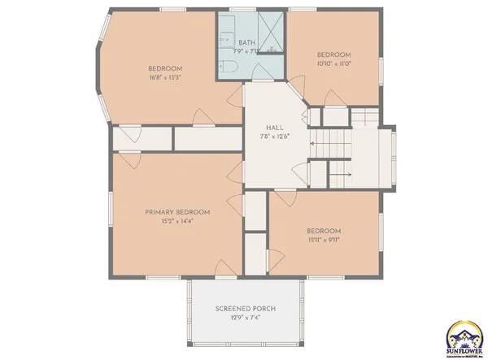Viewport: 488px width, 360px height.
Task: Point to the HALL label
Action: pyautogui.click(x=274, y=128)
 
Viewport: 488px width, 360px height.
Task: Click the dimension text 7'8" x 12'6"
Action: pyautogui.click(x=275, y=137)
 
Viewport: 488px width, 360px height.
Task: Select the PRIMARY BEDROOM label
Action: pyautogui.click(x=176, y=212)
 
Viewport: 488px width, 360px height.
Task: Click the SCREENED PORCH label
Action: pyautogui.click(x=246, y=310)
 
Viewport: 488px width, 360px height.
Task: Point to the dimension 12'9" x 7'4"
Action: pyautogui.click(x=246, y=319)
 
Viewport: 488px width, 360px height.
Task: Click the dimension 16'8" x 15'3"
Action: pyautogui.click(x=164, y=77)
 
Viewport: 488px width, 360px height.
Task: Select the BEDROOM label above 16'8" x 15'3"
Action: pyautogui.click(x=164, y=68)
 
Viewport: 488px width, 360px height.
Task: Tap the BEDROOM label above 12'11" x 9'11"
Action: pyautogui.click(x=324, y=230)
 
